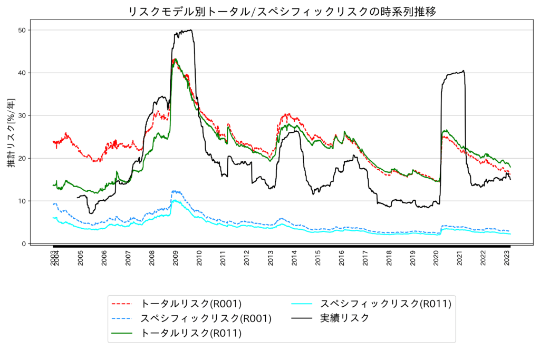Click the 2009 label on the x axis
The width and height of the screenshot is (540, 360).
(176, 259)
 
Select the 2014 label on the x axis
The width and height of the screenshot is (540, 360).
(294, 259)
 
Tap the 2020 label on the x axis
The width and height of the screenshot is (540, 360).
(436, 259)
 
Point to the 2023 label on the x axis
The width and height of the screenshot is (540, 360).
(507, 259)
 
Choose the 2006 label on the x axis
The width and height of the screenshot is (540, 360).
(104, 259)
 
